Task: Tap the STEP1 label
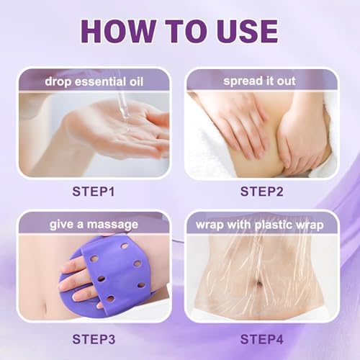coord(97,192)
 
